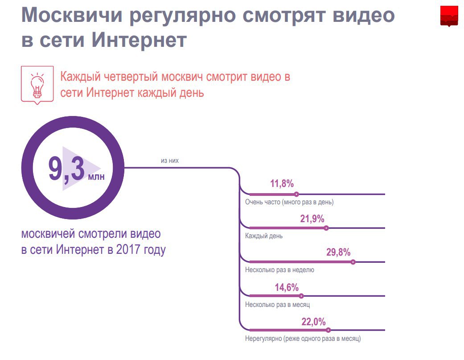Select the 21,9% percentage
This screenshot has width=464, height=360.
click(312, 219)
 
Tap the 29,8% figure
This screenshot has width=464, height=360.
click(338, 252)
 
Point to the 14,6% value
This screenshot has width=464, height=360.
click(287, 287)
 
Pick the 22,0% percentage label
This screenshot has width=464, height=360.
click(314, 321)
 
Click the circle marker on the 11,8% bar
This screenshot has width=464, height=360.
click(297, 194)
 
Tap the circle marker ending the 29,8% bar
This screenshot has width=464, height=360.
click(353, 262)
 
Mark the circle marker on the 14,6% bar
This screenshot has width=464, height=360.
click(301, 296)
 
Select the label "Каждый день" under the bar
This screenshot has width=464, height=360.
click(264, 236)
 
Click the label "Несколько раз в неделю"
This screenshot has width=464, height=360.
click(279, 270)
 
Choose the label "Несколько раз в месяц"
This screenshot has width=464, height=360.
click(277, 305)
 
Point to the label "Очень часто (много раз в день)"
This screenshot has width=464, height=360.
click(289, 202)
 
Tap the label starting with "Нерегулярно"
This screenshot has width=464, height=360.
click(303, 339)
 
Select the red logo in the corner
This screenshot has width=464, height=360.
click(449, 17)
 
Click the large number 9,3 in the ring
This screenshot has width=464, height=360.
click(67, 169)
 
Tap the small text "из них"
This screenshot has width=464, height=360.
click(170, 161)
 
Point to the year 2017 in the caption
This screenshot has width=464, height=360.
click(130, 250)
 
